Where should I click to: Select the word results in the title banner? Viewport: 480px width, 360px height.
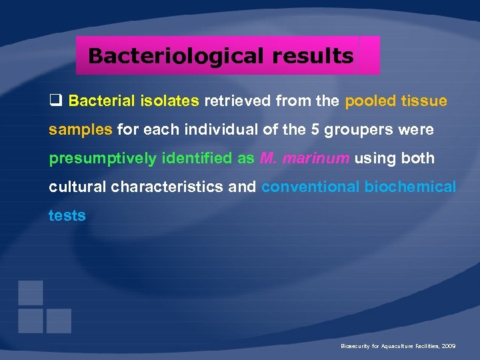coord(313,56)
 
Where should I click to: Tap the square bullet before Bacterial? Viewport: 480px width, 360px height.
coord(55,101)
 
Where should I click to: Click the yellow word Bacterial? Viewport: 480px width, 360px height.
coord(101,101)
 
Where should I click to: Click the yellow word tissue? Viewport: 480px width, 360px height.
coord(424,101)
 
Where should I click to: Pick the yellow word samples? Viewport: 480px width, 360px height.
coord(80,130)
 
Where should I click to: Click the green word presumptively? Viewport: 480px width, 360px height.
coord(101,159)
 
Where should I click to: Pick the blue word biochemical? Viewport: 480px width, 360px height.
coord(410,187)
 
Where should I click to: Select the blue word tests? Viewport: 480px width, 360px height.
coord(67,215)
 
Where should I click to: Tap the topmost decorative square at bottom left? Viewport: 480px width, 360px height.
coord(31,293)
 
